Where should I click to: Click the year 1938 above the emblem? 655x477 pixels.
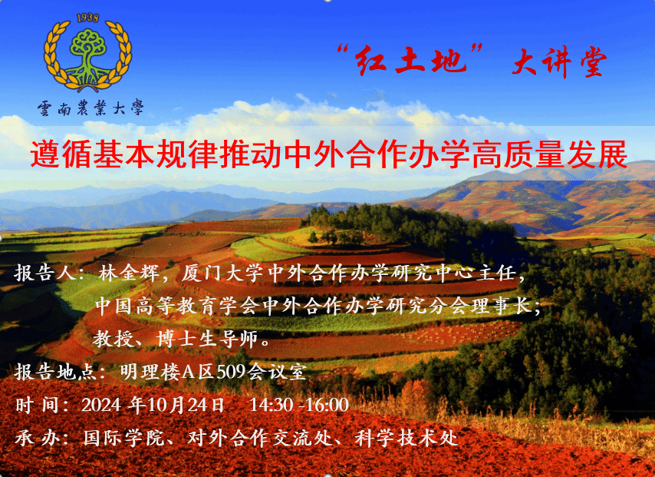87,18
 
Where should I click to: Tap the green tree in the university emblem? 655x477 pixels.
87,55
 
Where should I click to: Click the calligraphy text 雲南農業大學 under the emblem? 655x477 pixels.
91,108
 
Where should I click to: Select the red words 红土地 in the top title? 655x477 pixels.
410,60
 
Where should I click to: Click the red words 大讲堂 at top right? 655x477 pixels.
559,61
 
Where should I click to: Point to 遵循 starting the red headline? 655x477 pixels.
61,154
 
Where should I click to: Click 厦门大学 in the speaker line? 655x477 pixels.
222,273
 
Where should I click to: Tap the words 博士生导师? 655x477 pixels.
207,339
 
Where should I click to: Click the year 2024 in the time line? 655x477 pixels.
101,405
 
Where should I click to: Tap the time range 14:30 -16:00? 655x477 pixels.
299,405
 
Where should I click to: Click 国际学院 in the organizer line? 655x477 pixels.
123,438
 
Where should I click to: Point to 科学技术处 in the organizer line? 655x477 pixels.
406,438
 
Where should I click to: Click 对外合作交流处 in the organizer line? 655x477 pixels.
259,438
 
